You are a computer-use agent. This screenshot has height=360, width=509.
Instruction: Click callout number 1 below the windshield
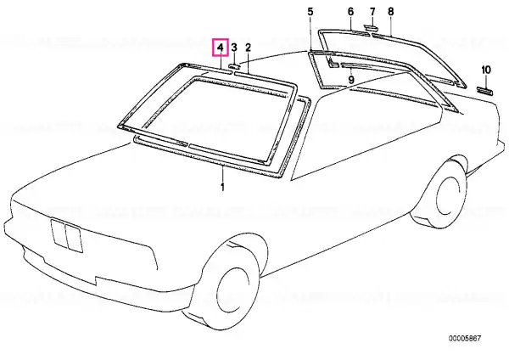(x=222, y=188)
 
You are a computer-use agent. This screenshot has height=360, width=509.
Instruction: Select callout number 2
(x=248, y=48)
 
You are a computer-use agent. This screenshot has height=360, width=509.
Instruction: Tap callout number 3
(x=234, y=48)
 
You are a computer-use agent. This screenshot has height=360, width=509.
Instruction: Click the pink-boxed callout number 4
(x=221, y=48)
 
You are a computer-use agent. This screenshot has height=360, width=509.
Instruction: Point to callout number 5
(x=310, y=12)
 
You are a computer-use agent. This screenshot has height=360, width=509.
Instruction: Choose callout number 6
(x=350, y=12)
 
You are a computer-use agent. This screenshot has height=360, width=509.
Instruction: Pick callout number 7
(x=372, y=12)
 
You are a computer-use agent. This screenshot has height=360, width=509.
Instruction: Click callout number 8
(x=391, y=12)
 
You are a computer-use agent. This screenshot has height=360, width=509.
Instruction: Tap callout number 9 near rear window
(x=351, y=79)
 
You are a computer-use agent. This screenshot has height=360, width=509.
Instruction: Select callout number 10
(x=486, y=70)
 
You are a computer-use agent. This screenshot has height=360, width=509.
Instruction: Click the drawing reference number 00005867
(x=465, y=339)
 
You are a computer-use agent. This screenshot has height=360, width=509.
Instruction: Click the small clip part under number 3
(x=234, y=66)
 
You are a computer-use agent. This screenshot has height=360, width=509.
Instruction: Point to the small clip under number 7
(x=369, y=26)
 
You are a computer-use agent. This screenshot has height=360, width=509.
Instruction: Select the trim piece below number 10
(x=485, y=91)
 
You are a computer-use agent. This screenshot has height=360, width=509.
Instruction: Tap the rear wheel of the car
(x=439, y=192)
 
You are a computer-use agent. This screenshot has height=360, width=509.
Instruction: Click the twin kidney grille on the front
(x=66, y=235)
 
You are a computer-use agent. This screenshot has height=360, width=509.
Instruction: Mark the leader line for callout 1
(x=222, y=174)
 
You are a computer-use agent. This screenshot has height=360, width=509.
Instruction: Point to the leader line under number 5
(x=310, y=34)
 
